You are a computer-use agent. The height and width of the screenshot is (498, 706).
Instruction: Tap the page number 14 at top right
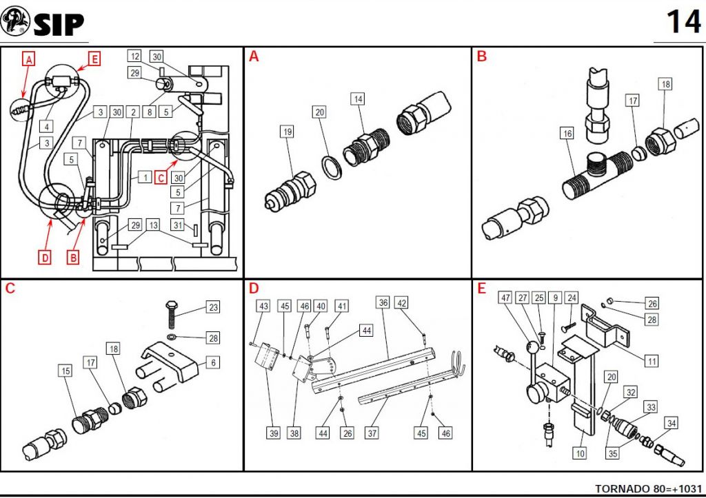coord(683,21)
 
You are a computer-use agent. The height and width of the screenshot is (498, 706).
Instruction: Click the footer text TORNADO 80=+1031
coord(648,486)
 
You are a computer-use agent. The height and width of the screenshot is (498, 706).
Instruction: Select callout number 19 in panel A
coord(287,132)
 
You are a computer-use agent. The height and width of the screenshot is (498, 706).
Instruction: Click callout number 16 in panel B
coord(567,134)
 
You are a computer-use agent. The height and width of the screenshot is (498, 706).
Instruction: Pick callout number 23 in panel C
coord(213,308)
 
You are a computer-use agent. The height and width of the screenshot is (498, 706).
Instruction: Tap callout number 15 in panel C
coord(65,371)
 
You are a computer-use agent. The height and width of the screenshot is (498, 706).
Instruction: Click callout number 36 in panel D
coord(383,302)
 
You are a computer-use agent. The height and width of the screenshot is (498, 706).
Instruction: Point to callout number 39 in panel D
coord(273,433)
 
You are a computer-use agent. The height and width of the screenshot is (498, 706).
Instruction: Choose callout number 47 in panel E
coord(505,298)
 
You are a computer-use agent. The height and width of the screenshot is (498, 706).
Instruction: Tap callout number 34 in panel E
coord(671,422)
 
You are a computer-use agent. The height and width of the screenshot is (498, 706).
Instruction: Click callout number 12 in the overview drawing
coord(135,56)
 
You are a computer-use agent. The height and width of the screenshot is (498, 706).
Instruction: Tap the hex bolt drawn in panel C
coord(172,317)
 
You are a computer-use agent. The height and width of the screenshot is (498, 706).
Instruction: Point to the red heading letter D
coord(254,288)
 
